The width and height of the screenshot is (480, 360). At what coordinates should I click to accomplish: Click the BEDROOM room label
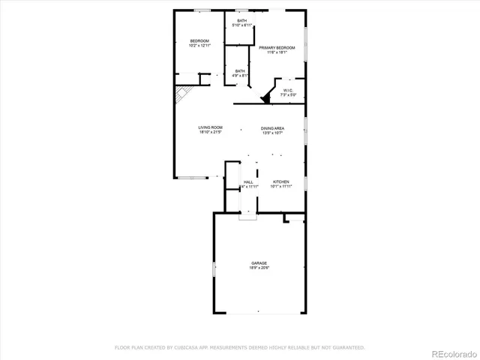(199, 40)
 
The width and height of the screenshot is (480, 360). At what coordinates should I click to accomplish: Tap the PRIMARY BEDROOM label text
(277, 48)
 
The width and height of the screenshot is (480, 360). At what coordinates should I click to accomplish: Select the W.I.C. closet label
(289, 91)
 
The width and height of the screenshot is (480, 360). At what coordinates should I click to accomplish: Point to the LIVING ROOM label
(210, 127)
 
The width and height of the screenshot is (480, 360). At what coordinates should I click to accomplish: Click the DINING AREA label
(272, 128)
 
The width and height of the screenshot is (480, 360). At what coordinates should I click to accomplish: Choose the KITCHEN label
(281, 181)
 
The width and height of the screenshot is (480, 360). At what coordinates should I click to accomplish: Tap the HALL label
(248, 181)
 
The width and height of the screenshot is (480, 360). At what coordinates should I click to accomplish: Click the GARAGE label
(259, 263)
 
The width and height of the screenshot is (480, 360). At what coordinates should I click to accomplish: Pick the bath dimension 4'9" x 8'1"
(239, 75)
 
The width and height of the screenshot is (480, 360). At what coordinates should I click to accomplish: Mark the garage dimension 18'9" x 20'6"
(259, 268)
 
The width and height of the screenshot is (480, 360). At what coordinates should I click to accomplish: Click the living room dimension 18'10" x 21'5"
(210, 133)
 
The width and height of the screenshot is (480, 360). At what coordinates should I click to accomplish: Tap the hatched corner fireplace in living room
(182, 94)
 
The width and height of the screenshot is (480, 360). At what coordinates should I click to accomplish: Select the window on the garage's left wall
(214, 268)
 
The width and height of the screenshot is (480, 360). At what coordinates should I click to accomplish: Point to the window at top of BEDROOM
(201, 10)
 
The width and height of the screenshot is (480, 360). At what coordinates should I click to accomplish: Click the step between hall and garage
(247, 217)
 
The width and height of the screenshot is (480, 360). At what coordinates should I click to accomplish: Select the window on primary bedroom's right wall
(305, 37)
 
